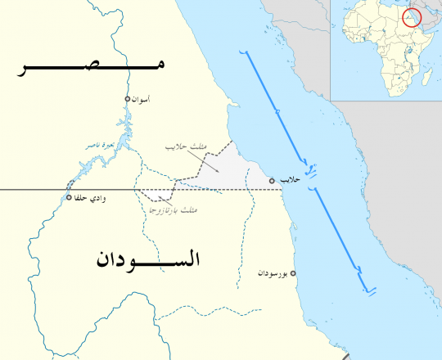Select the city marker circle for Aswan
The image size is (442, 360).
pos(127,99)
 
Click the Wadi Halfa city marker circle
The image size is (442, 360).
pos(69,197)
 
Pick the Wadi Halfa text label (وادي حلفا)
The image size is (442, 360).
pos(92,198)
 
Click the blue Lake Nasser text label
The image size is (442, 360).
pos(103,146)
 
